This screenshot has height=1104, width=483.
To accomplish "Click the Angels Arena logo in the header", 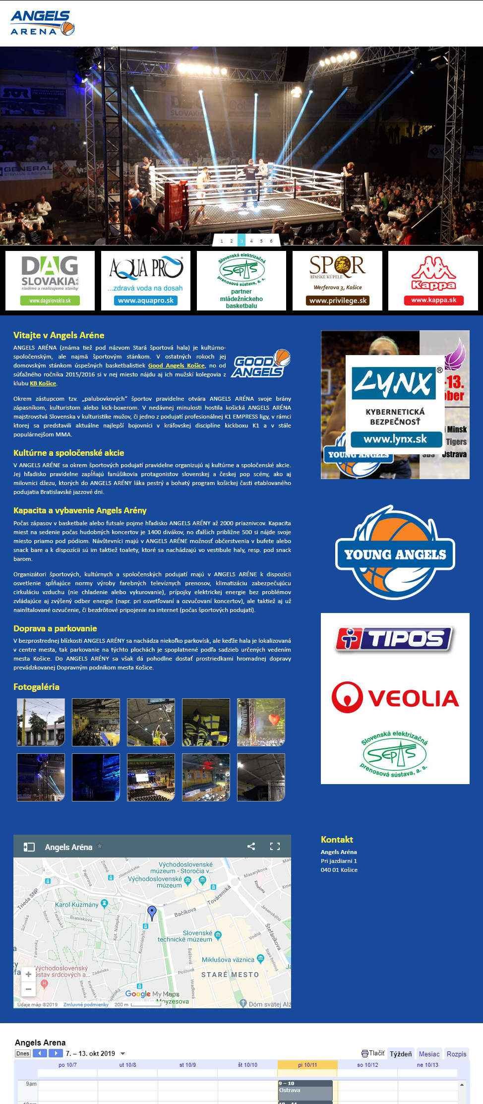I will click(x=42, y=23).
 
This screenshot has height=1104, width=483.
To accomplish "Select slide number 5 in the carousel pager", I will click(x=261, y=241).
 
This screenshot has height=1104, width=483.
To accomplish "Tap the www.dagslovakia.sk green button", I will click(x=50, y=301).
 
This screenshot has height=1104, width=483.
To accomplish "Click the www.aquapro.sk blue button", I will click(x=146, y=301).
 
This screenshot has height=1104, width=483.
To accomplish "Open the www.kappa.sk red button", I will click(x=433, y=300).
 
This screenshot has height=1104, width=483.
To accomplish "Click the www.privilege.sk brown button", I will click(x=337, y=301).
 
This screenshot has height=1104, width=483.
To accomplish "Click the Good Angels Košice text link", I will click(x=176, y=366).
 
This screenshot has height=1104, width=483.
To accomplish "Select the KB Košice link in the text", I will click(x=43, y=383).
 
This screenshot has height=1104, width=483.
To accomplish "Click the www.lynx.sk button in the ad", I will click(x=395, y=439).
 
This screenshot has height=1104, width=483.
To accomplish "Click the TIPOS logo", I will click(x=395, y=638).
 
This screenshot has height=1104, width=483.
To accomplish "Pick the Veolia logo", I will click(x=395, y=697).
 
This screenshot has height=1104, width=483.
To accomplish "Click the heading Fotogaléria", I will click(x=36, y=687).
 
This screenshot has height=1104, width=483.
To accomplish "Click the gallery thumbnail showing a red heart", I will click(x=261, y=722).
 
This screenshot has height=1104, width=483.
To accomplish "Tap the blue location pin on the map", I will click(x=152, y=912).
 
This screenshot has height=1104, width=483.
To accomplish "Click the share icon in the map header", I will click(x=251, y=847).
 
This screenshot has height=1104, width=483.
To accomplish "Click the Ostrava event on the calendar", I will click(x=304, y=1090).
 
